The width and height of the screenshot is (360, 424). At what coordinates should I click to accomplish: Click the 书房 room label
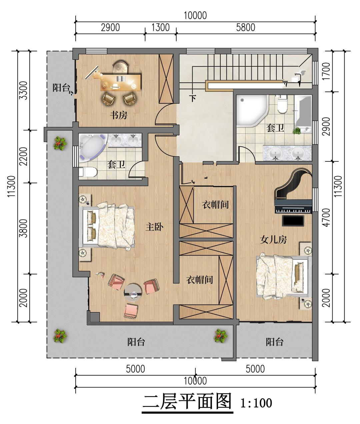118,115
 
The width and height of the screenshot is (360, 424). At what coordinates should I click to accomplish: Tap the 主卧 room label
154,227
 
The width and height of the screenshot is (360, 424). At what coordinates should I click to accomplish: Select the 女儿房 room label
273,240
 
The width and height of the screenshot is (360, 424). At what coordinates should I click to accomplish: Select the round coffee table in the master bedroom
133,292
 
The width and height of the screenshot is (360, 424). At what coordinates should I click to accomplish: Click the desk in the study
121,82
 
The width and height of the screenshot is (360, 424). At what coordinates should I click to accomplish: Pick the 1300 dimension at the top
161,27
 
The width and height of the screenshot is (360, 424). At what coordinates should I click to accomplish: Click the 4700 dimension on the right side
326,218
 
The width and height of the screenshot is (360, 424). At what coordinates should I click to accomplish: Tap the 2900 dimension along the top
110,27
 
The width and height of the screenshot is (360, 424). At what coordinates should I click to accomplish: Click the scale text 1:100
256,403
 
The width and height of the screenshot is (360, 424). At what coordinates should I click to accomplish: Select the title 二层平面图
187,401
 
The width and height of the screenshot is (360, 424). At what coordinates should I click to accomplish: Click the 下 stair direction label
193,98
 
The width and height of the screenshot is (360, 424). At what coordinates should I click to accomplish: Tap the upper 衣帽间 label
215,204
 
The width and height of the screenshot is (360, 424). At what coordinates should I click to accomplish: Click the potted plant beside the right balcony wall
220,336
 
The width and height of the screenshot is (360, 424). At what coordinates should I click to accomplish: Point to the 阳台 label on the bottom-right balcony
275,342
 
